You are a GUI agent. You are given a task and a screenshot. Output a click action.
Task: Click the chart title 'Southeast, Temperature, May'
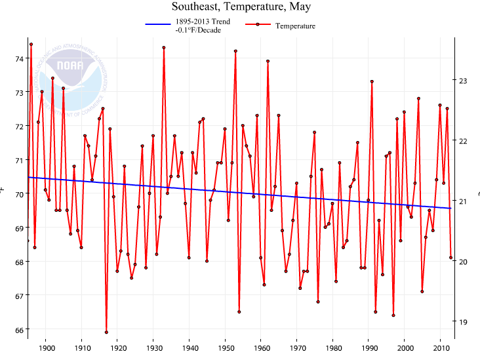tap(241, 7)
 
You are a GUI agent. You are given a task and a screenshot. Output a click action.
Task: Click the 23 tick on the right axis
tap(464, 81)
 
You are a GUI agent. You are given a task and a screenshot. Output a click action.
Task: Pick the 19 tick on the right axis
tap(464, 322)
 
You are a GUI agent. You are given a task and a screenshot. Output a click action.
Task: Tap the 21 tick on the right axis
tap(464, 201)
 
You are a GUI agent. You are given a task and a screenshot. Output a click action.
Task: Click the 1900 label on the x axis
tap(46, 348)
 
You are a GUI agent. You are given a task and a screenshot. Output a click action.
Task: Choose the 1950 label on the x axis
tap(226, 348)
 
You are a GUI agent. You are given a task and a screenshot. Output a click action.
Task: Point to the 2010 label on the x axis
tap(441, 348)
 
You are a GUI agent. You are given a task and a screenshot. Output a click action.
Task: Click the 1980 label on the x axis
tap(333, 348)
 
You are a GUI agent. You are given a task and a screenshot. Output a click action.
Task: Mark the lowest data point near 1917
tap(106, 332)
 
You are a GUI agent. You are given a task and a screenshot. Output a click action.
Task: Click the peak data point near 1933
tap(164, 47)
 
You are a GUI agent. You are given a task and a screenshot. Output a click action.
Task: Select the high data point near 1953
tap(235, 50)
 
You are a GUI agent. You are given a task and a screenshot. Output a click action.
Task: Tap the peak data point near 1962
tap(268, 61)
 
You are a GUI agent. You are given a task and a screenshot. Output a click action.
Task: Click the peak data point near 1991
tap(372, 81)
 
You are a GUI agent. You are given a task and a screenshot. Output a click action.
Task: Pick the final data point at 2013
tap(451, 258)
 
